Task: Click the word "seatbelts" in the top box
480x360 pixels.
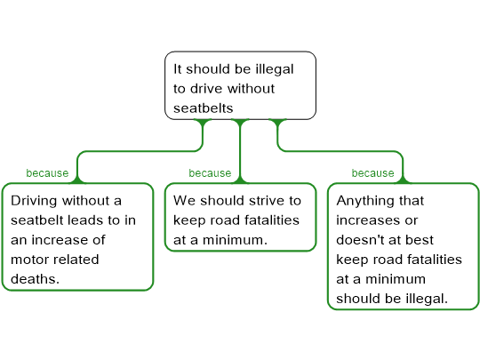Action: [204, 108]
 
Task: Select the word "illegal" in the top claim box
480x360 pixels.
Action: [275, 70]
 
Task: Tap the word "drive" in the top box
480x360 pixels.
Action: [206, 89]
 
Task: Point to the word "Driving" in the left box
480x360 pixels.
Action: [34, 202]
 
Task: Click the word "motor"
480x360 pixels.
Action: [26, 260]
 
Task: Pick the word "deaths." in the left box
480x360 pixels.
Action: [35, 279]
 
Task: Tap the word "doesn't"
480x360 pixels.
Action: [353, 240]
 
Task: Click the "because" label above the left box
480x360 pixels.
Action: [47, 173]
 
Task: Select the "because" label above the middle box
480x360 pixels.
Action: [210, 173]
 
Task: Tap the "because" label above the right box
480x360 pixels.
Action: [372, 173]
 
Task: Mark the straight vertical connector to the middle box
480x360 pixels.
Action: [240, 151]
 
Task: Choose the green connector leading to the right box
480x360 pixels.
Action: [340, 151]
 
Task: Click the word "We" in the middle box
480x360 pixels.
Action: [184, 201]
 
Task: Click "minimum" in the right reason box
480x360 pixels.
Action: [396, 279]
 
